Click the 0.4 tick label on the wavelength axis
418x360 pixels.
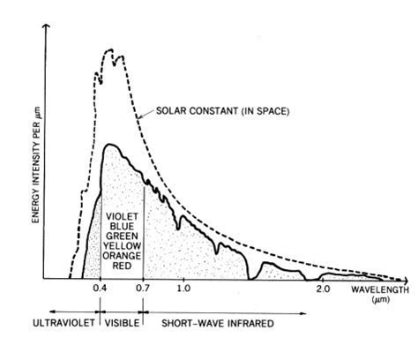[100, 289]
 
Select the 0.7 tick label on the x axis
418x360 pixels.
[141, 289]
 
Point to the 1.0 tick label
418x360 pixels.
[183, 289]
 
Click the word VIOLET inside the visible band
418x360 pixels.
[122, 216]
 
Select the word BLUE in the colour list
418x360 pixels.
[122, 226]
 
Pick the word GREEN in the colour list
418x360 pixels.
[122, 236]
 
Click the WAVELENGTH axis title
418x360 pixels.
[378, 289]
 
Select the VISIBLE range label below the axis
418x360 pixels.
[121, 324]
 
